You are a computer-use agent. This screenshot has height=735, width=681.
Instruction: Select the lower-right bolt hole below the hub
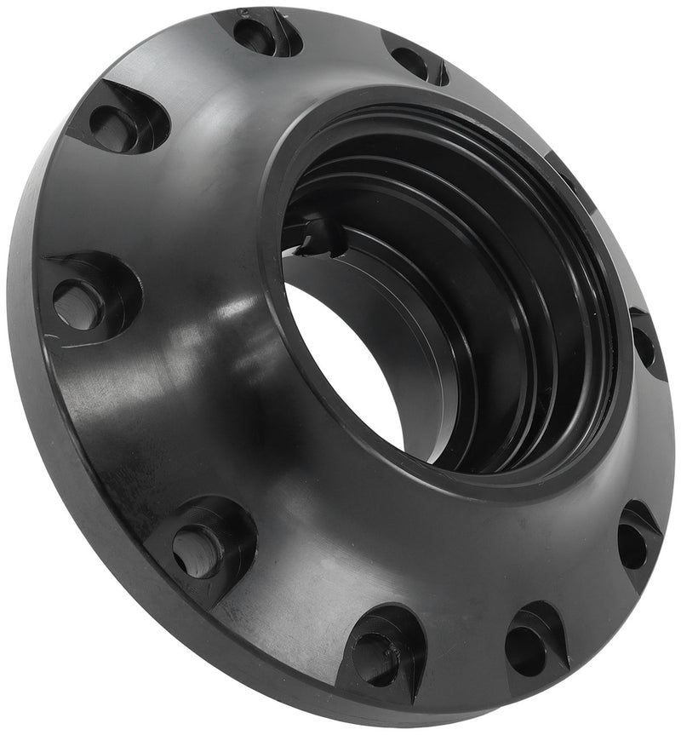tap(632, 545)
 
